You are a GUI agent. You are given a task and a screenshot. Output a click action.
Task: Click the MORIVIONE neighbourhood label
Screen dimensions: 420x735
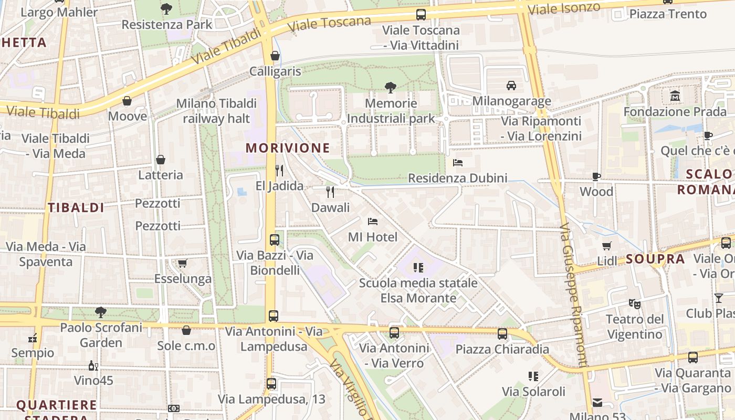coord(288,148)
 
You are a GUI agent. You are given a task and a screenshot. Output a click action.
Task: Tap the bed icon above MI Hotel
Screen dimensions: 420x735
coord(373,222)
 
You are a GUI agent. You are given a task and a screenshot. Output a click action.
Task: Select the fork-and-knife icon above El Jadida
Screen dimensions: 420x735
coord(279,171)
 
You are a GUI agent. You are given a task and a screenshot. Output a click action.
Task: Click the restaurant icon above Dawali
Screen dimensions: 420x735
coord(330,192)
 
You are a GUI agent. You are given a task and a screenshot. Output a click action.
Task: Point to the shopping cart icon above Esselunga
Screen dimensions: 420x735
coord(182,263)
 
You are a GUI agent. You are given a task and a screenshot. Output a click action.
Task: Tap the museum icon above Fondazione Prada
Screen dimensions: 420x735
coord(675,96)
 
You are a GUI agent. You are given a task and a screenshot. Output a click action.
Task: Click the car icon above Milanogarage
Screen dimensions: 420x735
coord(511,85)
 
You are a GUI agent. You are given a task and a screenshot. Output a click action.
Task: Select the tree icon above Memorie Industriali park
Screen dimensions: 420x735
coord(390,87)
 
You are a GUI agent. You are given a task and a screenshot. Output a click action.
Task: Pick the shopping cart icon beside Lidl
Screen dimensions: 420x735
coord(607,246)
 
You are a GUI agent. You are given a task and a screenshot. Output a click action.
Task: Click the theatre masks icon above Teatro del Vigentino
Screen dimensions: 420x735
coord(635,303)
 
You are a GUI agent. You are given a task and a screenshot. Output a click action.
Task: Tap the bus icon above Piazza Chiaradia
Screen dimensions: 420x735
coord(502,333)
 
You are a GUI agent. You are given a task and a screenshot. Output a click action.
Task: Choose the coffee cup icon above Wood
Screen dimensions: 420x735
coord(596,176)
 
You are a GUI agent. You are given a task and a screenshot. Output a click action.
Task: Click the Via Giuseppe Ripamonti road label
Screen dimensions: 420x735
coord(573,294)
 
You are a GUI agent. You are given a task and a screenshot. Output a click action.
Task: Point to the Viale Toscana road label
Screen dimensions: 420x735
coord(330,24)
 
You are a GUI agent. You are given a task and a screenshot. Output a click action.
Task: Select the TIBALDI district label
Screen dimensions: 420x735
coord(76,207)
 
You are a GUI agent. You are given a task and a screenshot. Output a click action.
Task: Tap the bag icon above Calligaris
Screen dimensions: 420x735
coord(275,56)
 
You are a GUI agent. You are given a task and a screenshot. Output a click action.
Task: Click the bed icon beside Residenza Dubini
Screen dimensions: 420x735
coord(458,163)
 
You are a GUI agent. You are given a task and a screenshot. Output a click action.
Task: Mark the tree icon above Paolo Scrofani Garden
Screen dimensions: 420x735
coord(101,312)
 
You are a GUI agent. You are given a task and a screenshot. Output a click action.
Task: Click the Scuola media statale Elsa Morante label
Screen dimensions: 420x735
coord(418,290)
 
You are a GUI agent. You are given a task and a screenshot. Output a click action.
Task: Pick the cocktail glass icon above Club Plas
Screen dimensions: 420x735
coord(718,298)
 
